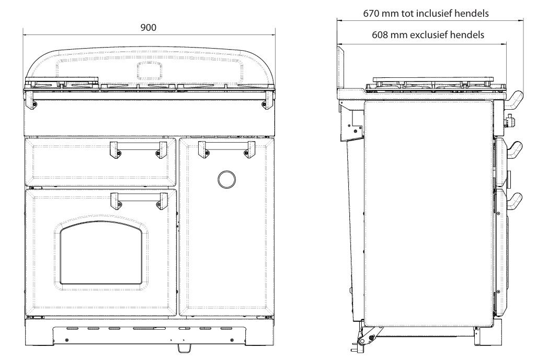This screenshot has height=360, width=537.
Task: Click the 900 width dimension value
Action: [x=148, y=27]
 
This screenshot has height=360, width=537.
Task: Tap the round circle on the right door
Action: [x=226, y=179]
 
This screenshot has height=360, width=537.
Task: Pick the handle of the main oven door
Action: [x=138, y=200]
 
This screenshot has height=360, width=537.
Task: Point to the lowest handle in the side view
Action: [x=515, y=201]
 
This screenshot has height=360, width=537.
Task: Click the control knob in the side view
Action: [x=507, y=123]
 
